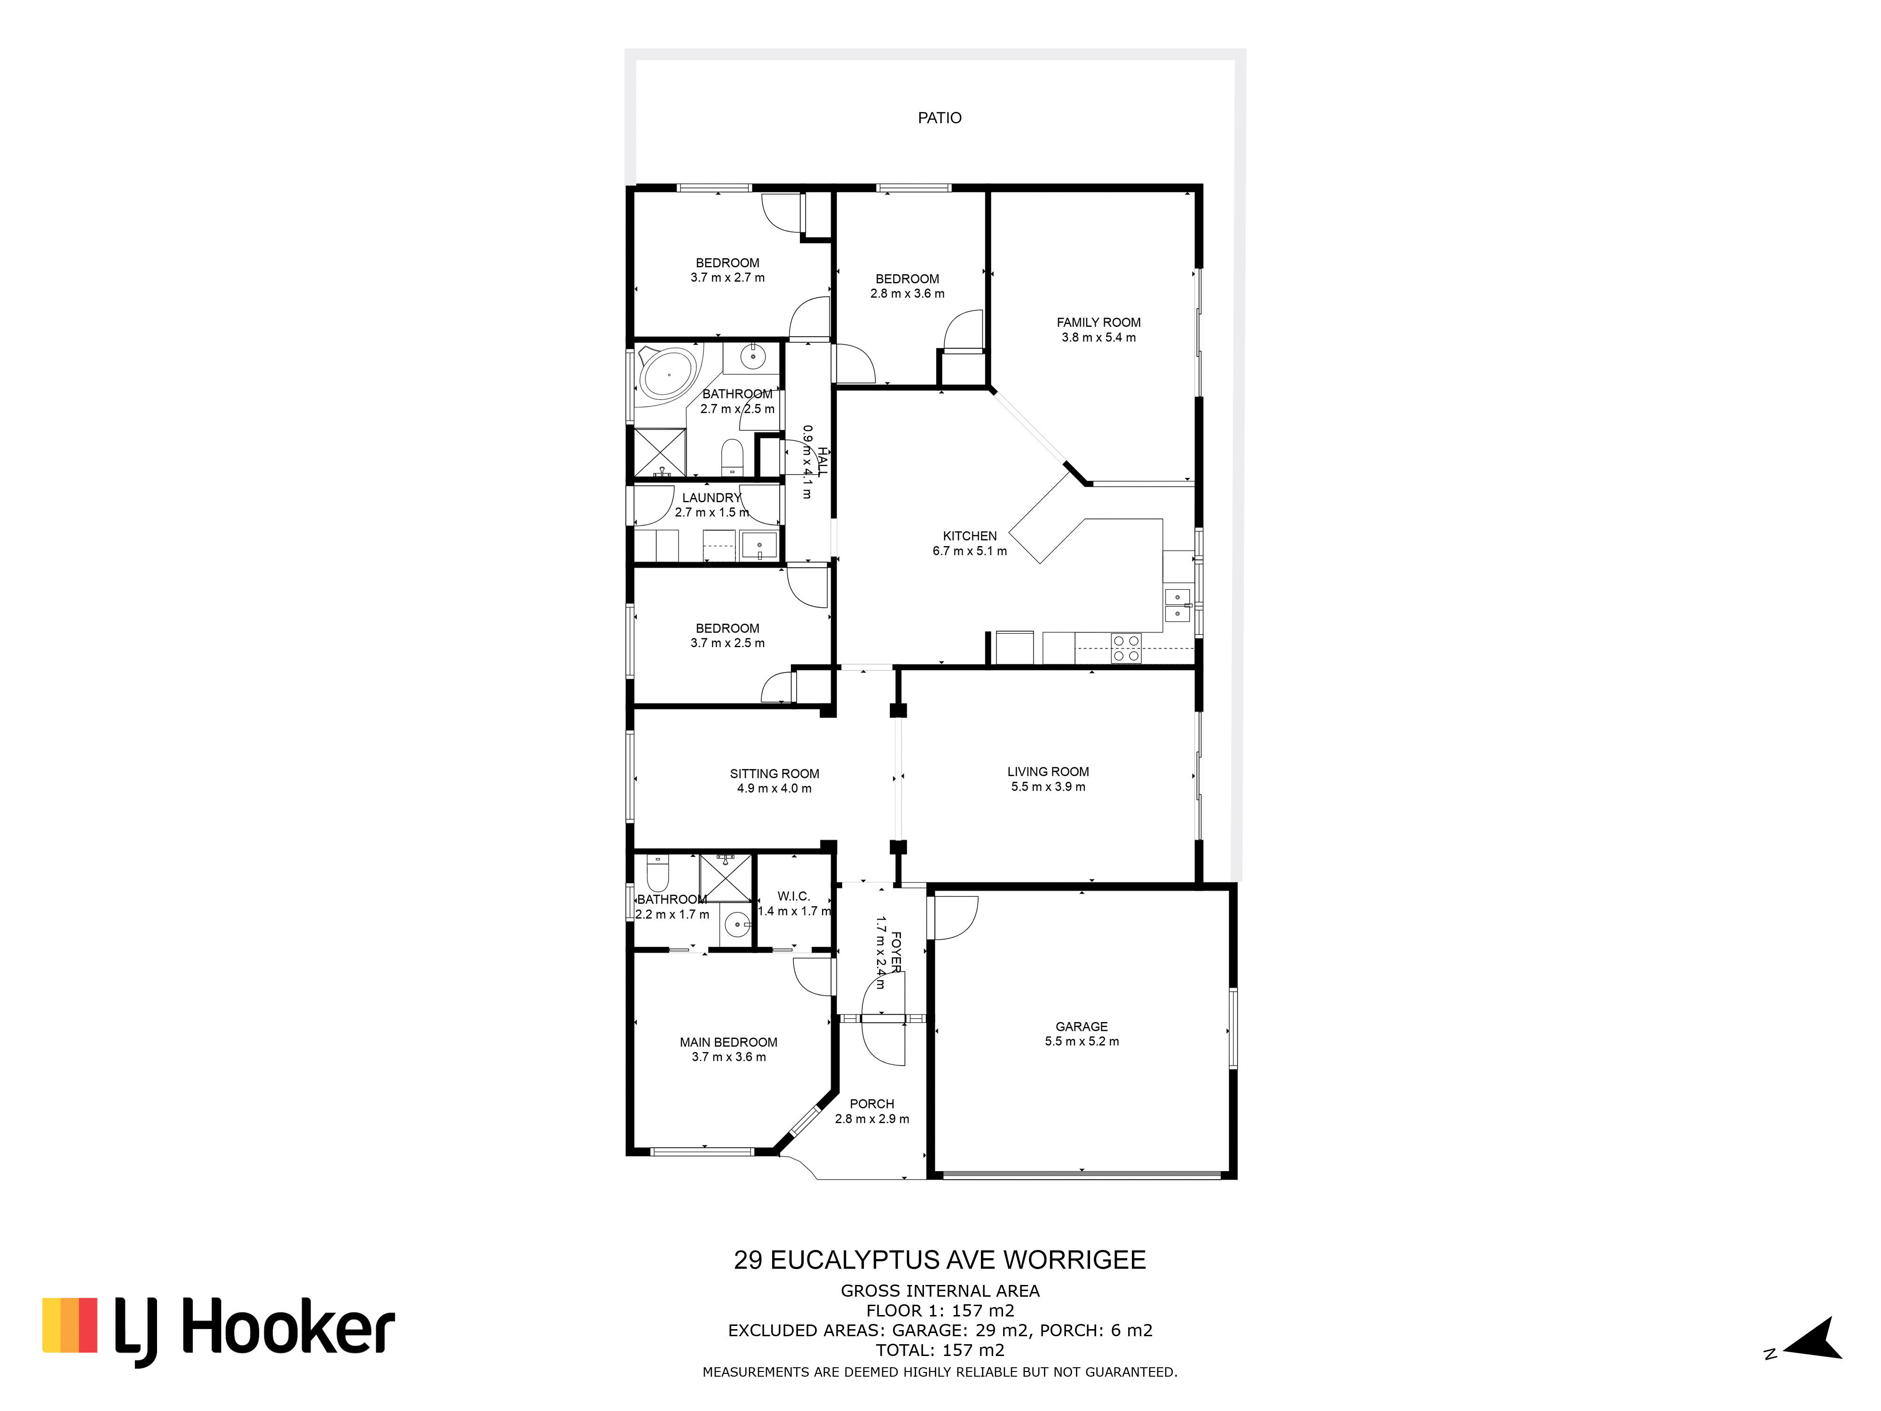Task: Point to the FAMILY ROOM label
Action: [x=1098, y=322]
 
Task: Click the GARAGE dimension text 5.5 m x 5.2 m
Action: [x=1082, y=1041]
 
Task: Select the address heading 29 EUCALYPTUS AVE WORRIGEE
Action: [x=940, y=1260]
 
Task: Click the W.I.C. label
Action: [x=793, y=896]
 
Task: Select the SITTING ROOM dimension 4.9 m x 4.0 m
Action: [x=774, y=788]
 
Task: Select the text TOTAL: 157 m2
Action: [x=940, y=1350]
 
